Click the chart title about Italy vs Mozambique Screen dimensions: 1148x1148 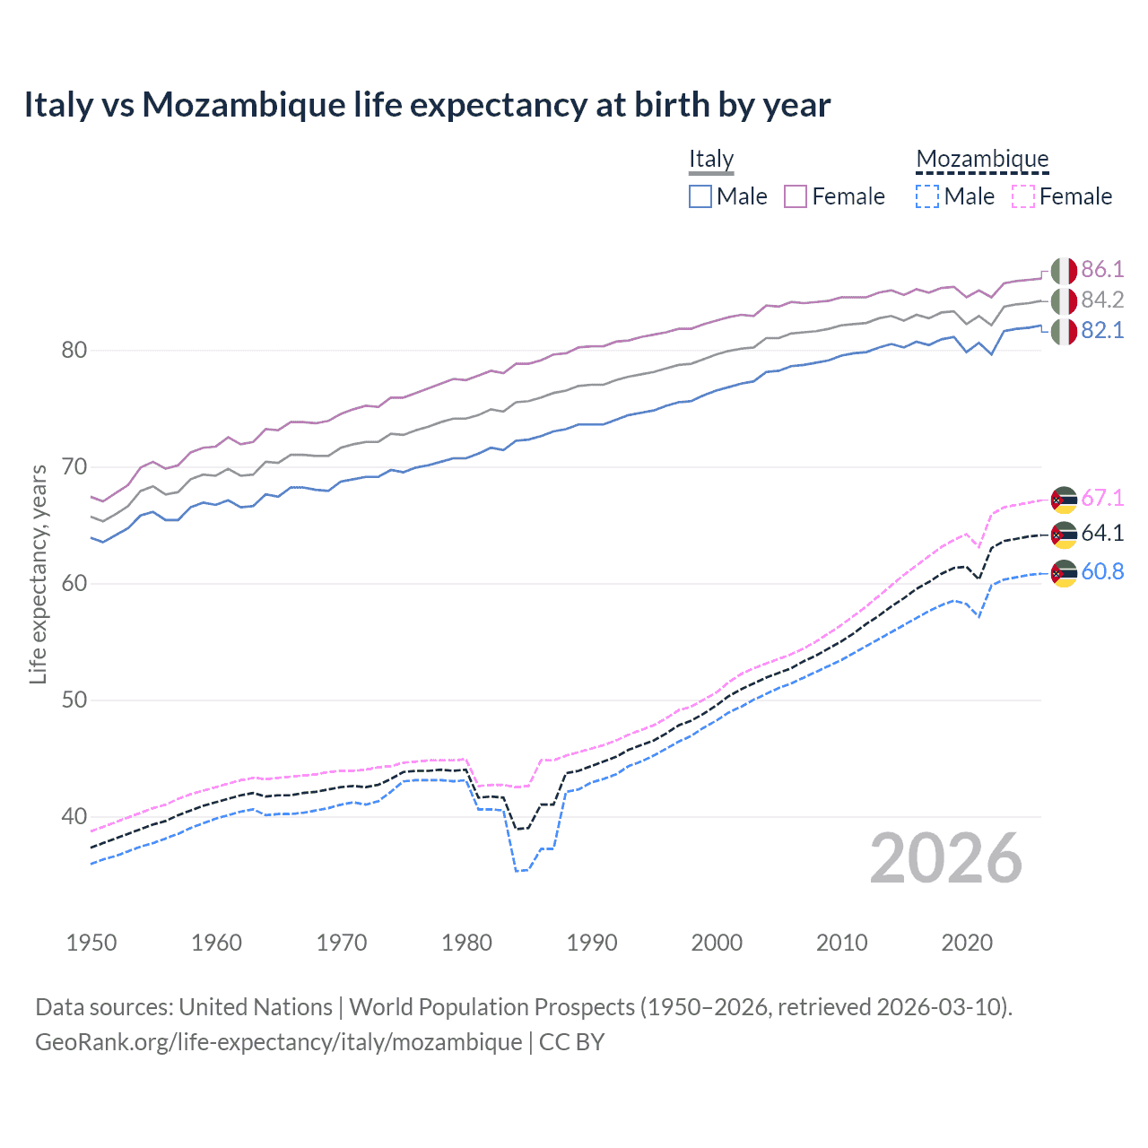[x=427, y=105]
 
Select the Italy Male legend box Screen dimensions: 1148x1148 [x=700, y=196]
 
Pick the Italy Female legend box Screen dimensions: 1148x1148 [x=796, y=196]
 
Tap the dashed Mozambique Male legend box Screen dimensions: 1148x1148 [x=927, y=196]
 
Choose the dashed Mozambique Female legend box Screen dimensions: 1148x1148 [x=1022, y=196]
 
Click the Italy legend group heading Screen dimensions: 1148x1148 [x=711, y=160]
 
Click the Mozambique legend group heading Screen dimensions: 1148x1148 [x=982, y=160]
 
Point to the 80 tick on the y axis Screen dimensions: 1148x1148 [x=74, y=351]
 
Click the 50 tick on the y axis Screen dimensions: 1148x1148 [x=74, y=700]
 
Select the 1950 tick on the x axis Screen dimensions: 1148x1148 [x=91, y=943]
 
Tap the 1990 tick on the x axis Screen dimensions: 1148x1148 [x=592, y=943]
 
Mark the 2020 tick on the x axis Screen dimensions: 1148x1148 [x=967, y=943]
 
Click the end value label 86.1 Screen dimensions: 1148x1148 [x=1102, y=270]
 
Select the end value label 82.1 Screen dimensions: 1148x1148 [x=1102, y=331]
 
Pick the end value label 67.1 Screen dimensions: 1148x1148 [x=1102, y=499]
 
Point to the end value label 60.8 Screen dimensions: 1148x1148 [x=1102, y=572]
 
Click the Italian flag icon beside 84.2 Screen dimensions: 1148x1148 [x=1064, y=301]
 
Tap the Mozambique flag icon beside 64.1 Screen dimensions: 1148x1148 [x=1064, y=535]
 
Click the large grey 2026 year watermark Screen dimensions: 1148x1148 [x=946, y=859]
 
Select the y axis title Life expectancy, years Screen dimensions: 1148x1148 [x=39, y=574]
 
